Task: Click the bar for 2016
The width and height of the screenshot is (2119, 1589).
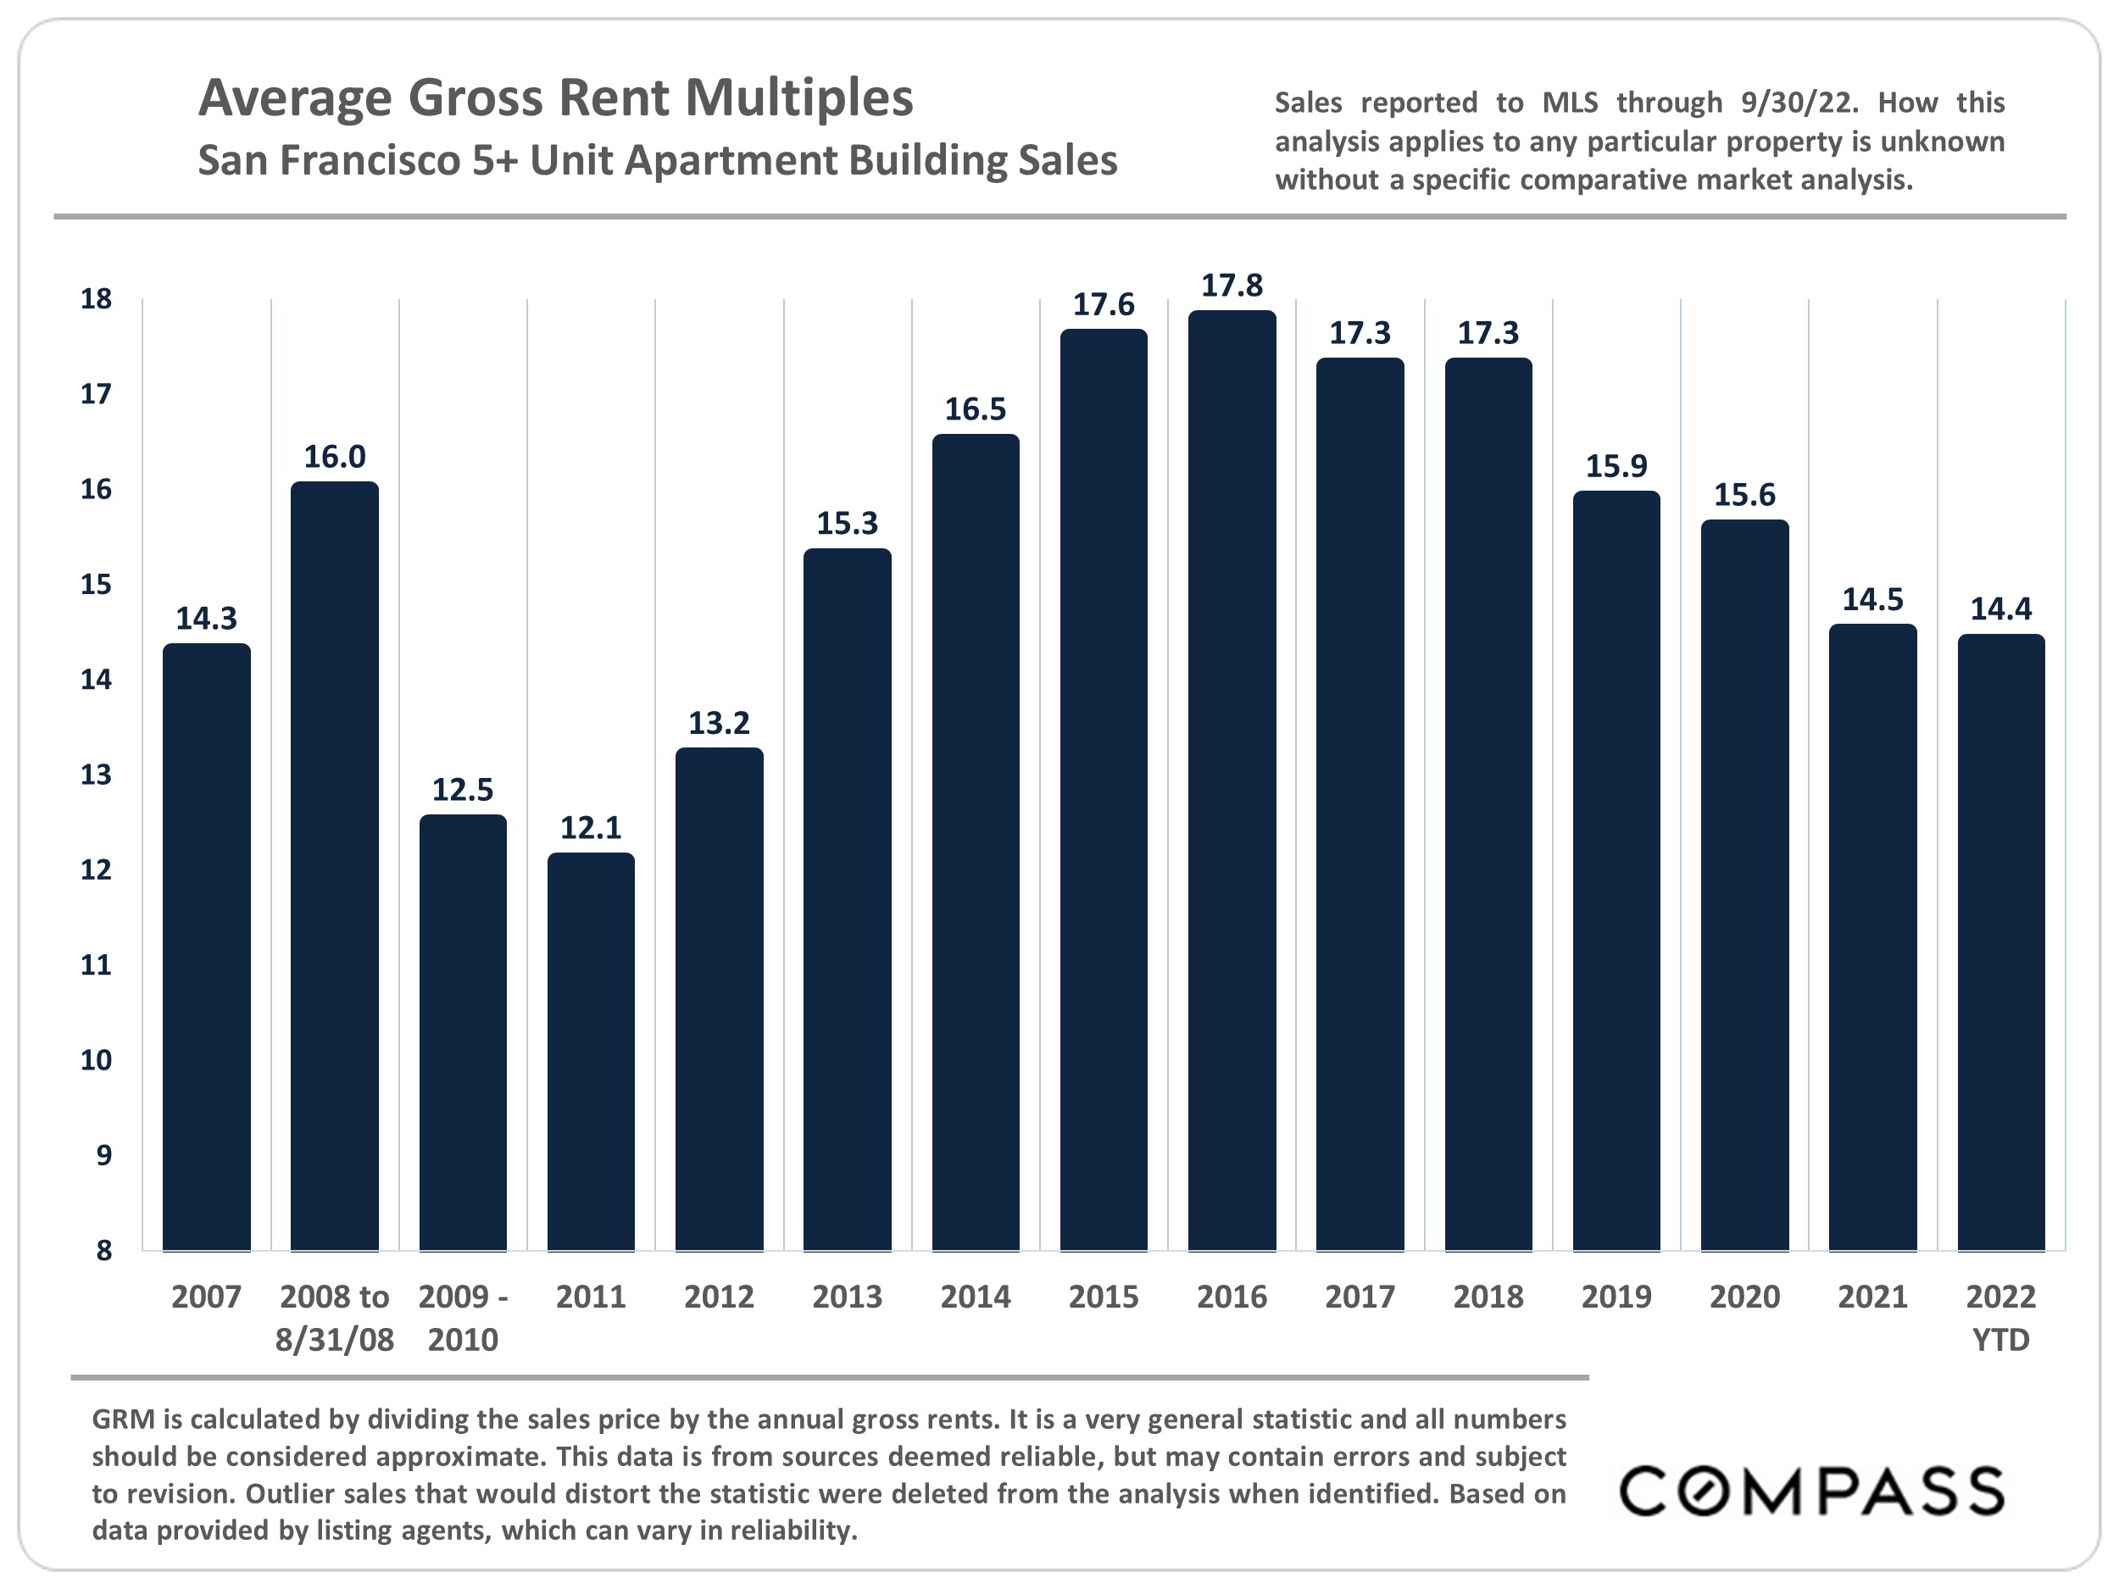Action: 1232,781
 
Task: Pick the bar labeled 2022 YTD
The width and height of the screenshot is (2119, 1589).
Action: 2001,942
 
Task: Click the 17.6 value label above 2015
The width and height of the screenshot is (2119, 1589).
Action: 1104,304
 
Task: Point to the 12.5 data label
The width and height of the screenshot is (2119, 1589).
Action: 463,790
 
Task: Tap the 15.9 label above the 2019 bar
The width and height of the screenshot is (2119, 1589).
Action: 1616,466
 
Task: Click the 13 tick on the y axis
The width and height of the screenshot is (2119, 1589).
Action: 96,775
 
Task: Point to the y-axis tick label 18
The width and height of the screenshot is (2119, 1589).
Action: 96,300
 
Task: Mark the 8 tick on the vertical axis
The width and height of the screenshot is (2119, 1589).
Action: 103,1250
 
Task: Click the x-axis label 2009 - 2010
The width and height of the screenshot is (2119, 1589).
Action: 463,1318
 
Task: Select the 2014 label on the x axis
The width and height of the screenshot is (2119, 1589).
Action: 976,1297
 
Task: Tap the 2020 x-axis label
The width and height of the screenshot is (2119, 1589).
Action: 1744,1297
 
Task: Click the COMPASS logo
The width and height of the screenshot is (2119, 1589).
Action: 1811,1492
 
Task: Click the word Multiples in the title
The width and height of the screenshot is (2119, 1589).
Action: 799,97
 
